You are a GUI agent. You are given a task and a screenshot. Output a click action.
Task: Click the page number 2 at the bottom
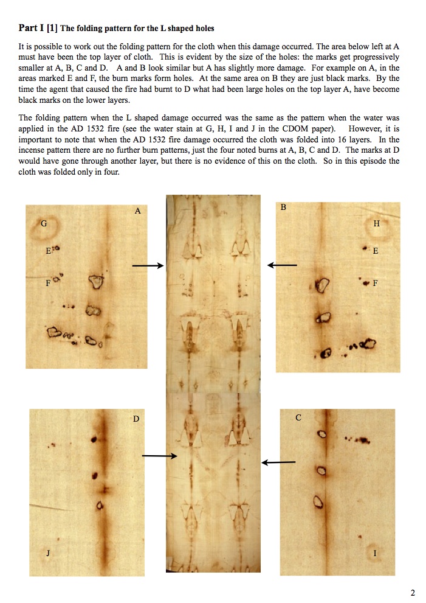point(413,592)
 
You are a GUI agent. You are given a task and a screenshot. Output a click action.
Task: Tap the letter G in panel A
point(43,223)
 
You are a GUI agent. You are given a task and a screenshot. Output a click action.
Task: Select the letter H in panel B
point(377,223)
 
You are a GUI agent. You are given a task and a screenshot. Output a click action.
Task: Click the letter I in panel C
point(375,553)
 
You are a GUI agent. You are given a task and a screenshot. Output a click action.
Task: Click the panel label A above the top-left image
point(137,211)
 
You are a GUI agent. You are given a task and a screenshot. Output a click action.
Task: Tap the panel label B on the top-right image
point(283,207)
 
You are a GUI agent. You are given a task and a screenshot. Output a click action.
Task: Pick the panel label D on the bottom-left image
point(136,419)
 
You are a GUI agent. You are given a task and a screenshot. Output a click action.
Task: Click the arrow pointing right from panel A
point(148,266)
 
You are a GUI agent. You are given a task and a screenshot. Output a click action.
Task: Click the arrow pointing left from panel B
point(283,265)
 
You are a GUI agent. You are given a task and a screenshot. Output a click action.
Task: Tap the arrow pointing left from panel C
point(278,462)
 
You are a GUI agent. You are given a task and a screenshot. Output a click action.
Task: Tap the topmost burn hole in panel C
point(321,434)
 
